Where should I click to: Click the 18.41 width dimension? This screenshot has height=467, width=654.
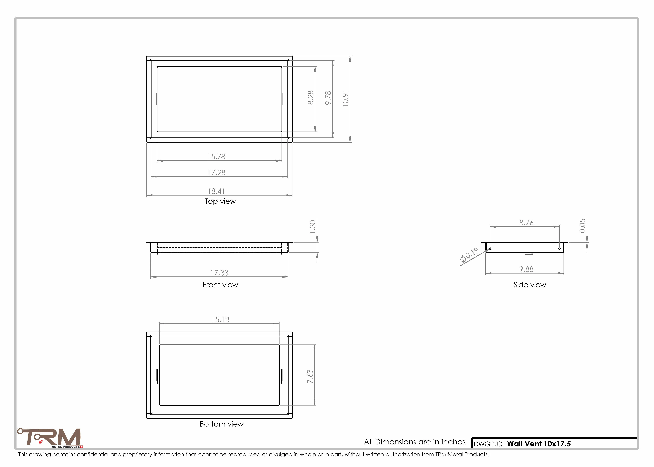pos(216,191)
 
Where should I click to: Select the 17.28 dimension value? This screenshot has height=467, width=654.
pos(217,172)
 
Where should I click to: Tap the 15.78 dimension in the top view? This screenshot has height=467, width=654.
pos(216,157)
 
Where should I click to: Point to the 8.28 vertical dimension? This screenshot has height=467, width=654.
pos(311,98)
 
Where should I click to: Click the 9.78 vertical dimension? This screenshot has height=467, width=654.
pos(328,98)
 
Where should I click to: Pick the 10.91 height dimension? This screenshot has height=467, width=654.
pos(345,98)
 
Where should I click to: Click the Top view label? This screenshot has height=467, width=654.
pos(220,201)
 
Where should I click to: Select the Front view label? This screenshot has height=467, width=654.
pos(220,285)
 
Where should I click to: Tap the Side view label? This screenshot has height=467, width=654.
pos(529,285)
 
